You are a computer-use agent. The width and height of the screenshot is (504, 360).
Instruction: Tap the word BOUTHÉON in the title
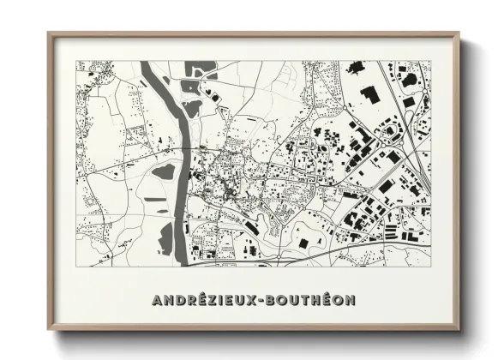coord(312,300)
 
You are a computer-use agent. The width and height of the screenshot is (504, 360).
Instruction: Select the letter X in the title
coord(253,300)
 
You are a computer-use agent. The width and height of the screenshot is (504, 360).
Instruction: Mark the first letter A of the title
coord(157,300)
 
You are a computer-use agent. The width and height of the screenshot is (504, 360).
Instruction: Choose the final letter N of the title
coord(351,300)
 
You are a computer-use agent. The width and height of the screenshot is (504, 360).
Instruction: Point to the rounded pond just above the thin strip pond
coord(163,172)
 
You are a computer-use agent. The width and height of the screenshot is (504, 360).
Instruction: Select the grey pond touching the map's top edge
coord(204,67)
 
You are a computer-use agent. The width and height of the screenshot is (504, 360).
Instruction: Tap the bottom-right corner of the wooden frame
coord(458,328)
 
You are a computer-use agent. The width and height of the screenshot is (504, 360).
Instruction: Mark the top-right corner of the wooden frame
coord(458,34)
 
